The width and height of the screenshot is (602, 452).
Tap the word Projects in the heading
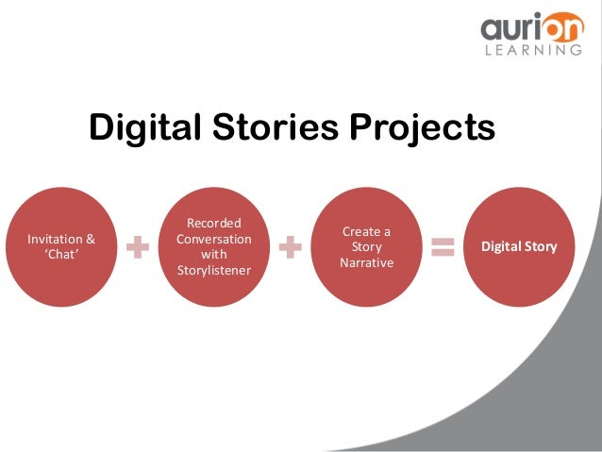(422, 128)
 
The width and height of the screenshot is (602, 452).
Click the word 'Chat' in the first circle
(61, 255)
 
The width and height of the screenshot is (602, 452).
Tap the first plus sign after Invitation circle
(139, 247)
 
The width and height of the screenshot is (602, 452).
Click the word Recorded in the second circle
(214, 223)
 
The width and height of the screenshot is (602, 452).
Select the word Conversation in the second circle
(214, 239)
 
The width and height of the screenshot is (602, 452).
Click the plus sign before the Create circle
(291, 247)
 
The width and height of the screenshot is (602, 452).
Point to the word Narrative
(365, 263)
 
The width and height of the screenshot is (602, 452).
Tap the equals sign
(442, 247)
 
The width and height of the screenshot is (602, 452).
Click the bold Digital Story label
(519, 247)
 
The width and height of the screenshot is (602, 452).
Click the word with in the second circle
(214, 255)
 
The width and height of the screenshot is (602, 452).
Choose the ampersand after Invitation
(91, 239)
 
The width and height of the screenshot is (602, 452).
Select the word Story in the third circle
(365, 247)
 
